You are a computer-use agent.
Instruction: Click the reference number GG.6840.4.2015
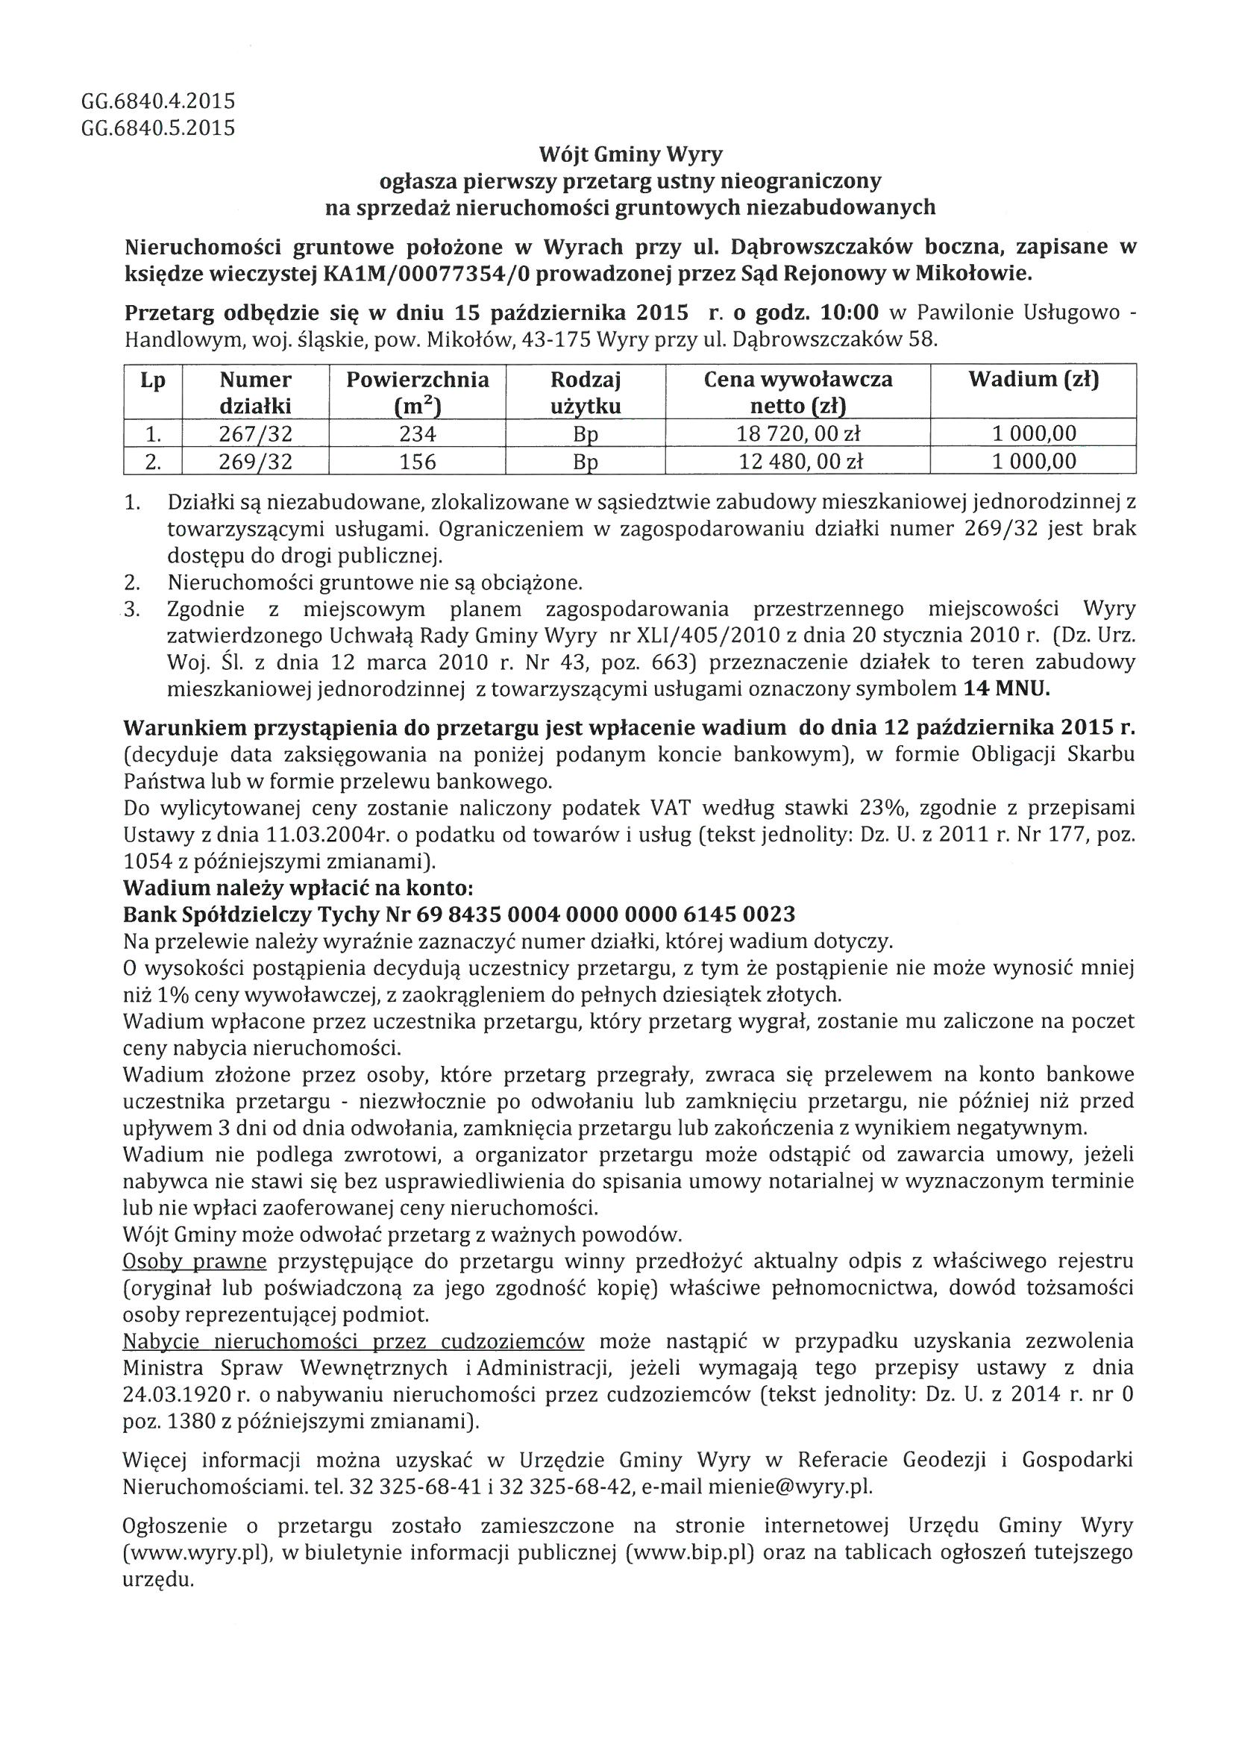(158, 101)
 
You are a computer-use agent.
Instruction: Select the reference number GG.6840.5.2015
(158, 128)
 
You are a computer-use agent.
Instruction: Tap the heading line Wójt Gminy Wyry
(630, 155)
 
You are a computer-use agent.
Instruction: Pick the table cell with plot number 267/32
(255, 433)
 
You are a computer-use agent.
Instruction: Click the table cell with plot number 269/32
(255, 461)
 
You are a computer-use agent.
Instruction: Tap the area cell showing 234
(417, 433)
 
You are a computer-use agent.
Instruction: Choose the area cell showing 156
(417, 461)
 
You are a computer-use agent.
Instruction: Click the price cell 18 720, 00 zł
(797, 433)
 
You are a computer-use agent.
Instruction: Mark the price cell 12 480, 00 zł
(797, 461)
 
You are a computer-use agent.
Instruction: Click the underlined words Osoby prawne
(195, 1261)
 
